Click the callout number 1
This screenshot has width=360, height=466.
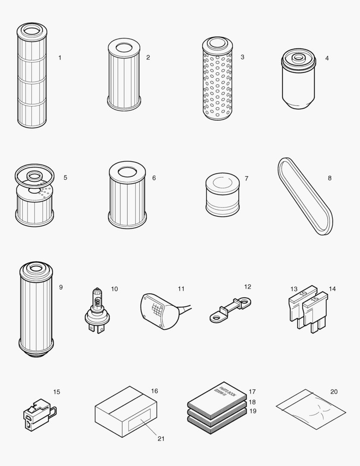tap(60, 57)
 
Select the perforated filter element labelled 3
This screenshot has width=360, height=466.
tap(217, 80)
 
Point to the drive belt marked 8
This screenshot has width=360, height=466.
tap(304, 196)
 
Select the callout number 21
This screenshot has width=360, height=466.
tap(161, 438)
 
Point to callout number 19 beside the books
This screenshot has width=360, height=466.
tap(253, 411)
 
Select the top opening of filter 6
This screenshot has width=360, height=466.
tap(127, 171)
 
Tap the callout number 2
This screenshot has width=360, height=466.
tap(148, 57)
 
